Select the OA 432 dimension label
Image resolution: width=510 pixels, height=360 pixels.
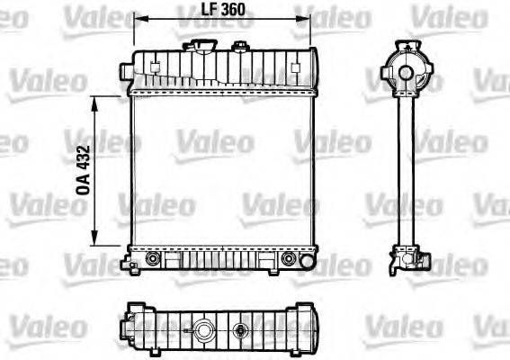click(83, 172)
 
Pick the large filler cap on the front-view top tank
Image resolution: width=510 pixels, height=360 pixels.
click(195, 44)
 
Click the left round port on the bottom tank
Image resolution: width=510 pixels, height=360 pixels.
click(151, 258)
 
